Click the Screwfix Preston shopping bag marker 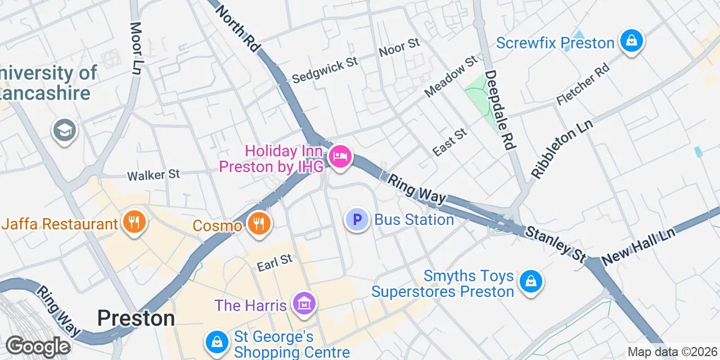(x=632, y=41)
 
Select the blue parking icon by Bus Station (x=357, y=219)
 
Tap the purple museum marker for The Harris (x=304, y=304)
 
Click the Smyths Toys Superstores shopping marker (x=530, y=281)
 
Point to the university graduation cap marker (x=65, y=130)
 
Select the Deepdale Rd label (x=500, y=109)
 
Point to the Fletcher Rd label (x=583, y=84)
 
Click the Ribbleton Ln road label (x=562, y=153)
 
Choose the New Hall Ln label (x=638, y=247)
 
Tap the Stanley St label (x=556, y=244)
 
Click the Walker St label (x=154, y=175)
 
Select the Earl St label (x=275, y=263)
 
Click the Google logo (x=38, y=346)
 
